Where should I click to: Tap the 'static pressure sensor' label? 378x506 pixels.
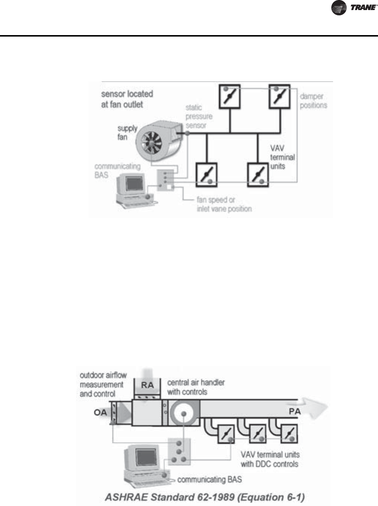click(199, 116)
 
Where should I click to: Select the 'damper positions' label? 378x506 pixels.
click(313, 101)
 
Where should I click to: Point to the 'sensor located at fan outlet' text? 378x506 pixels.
click(127, 99)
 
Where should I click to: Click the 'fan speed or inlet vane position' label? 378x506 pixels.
click(224, 204)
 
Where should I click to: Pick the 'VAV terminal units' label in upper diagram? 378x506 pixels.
click(282, 157)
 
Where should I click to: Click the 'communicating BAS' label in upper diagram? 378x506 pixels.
click(117, 170)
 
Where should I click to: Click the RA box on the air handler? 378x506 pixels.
click(147, 385)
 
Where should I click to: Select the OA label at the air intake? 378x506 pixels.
click(100, 413)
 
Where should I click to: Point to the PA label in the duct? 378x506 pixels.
click(295, 412)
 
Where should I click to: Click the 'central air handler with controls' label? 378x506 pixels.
click(196, 387)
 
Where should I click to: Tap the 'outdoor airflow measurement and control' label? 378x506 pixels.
click(103, 384)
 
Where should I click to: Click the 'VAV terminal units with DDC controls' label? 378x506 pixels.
click(270, 459)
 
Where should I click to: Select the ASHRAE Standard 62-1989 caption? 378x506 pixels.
click(205, 497)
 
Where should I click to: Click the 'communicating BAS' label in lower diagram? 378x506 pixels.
click(209, 480)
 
